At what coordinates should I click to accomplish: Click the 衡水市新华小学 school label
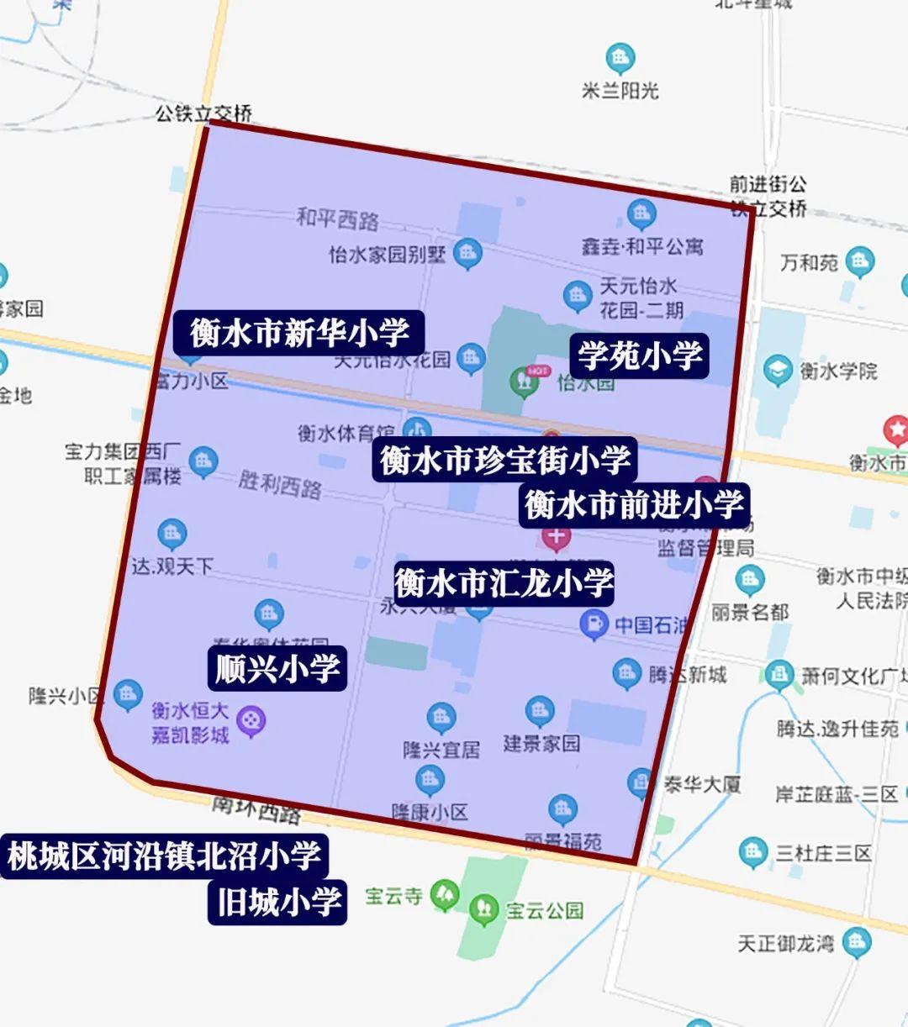click(x=299, y=334)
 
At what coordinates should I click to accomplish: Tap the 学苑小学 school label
click(x=639, y=355)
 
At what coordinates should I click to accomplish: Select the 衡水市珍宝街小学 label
click(x=504, y=460)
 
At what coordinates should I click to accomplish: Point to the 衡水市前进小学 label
click(x=634, y=504)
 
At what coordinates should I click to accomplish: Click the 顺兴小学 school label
click(x=277, y=669)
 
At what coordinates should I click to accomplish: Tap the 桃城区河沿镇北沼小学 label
click(x=164, y=856)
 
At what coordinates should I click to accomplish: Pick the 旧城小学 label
click(x=278, y=903)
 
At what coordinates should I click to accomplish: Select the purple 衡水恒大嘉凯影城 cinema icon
click(x=251, y=720)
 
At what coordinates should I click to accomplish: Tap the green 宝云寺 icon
click(x=445, y=894)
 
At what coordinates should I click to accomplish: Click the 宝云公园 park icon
click(x=483, y=908)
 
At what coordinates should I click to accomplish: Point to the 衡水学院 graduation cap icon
click(x=778, y=370)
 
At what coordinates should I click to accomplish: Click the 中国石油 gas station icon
click(x=594, y=624)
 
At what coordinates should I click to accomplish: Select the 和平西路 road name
click(x=337, y=219)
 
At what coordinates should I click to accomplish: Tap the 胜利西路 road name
click(x=280, y=484)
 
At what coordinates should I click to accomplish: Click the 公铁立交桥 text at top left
click(x=203, y=113)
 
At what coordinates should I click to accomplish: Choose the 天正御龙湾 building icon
click(x=856, y=941)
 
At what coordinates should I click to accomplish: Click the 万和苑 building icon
click(x=859, y=262)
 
